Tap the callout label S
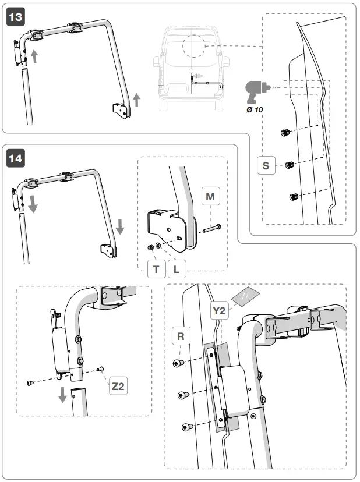(x=266, y=165)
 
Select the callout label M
(x=210, y=197)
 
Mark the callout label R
(x=181, y=336)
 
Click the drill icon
(x=254, y=91)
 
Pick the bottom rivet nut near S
(x=294, y=197)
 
